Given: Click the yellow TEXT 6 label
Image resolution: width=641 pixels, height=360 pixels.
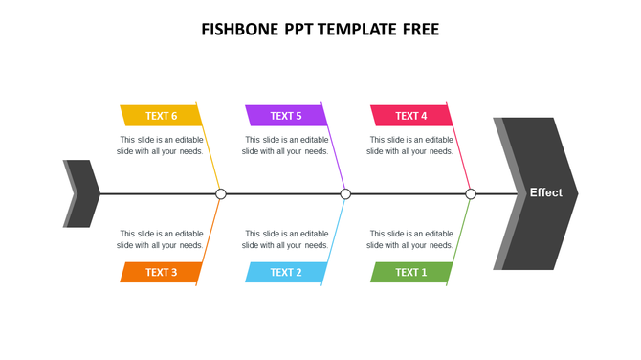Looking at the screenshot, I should click(x=161, y=116).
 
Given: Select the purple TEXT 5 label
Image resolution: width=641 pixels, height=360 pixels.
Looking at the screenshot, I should click(x=286, y=116).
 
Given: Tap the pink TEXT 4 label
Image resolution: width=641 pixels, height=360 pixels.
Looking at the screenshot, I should click(x=410, y=116).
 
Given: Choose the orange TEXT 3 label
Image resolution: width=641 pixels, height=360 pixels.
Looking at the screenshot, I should click(x=161, y=272).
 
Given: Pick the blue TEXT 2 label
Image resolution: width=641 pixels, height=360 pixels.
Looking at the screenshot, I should click(x=286, y=272).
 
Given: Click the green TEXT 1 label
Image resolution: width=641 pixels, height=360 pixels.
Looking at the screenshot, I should click(x=410, y=272).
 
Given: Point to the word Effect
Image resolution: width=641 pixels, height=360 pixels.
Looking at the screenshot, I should click(x=546, y=192).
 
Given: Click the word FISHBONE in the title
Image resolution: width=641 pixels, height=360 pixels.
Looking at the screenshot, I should click(x=240, y=30).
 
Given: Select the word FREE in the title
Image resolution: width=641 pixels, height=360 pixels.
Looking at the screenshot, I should click(x=420, y=30).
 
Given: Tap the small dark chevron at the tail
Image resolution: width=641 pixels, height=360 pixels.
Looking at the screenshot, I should click(x=83, y=193).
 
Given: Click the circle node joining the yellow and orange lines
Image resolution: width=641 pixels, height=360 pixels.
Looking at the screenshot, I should click(x=221, y=194).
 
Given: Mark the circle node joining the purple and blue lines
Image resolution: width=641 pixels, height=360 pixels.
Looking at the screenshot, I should click(x=345, y=194).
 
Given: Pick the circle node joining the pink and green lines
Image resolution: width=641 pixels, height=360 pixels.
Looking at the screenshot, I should click(x=471, y=194).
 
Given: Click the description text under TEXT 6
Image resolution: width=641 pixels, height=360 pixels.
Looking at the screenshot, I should click(x=161, y=146).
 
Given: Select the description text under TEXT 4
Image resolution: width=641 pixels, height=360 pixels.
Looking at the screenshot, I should click(x=410, y=146).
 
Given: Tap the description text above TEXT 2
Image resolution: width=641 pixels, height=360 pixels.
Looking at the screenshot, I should click(x=286, y=239).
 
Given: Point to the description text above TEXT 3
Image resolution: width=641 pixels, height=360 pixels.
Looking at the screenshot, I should click(x=161, y=239).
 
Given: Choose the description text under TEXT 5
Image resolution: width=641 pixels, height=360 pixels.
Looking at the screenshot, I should click(x=286, y=146).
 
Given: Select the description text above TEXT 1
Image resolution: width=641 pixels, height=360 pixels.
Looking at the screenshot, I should click(x=410, y=239).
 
